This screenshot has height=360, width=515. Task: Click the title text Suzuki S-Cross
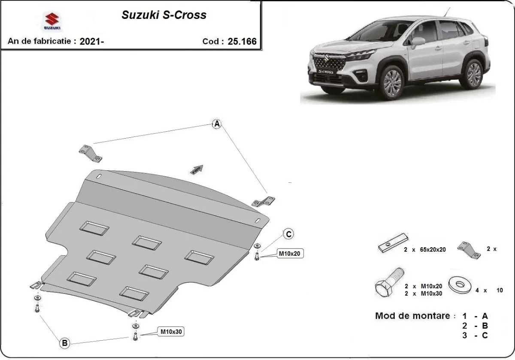pos(164,15)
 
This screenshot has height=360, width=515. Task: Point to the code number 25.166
pos(242,41)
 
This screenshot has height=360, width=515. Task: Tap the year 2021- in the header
pos(91,41)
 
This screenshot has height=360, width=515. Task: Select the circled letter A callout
pos(217,124)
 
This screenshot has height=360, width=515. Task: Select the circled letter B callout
pos(64,343)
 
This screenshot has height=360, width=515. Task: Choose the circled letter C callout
pos(289,234)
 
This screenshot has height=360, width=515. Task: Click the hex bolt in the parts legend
pos(389,283)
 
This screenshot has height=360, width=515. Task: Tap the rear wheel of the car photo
pos(473,73)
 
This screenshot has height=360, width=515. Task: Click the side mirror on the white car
pos(418,41)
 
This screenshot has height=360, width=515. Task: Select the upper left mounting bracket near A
pos(90,154)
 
